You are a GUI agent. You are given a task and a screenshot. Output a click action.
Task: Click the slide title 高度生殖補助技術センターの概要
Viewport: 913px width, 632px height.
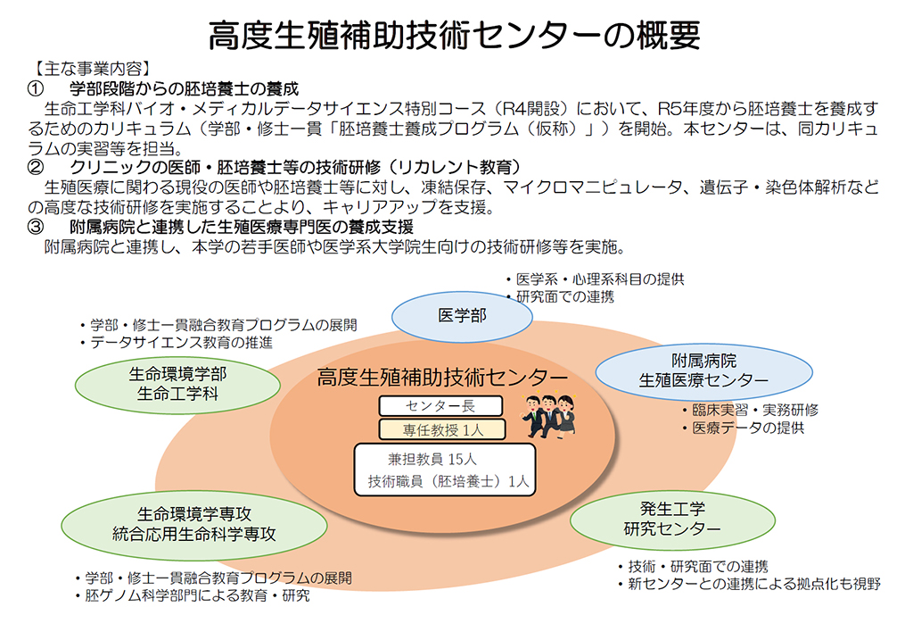coord(454,35)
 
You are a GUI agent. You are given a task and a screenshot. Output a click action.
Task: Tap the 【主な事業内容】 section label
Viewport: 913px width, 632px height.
coord(93,69)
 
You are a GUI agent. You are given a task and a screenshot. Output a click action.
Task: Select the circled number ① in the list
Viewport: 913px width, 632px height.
coord(36,88)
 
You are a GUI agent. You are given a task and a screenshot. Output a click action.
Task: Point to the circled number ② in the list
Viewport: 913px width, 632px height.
coord(36,167)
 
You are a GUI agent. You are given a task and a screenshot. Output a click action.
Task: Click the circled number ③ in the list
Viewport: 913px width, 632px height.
coord(36,227)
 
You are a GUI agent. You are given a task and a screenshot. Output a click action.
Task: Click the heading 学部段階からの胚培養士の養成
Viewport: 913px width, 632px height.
coord(184,88)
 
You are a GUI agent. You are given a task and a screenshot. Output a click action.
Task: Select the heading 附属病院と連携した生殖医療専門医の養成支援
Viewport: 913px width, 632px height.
coord(242,227)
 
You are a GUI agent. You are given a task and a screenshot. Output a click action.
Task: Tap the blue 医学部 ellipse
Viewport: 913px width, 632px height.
coord(462,317)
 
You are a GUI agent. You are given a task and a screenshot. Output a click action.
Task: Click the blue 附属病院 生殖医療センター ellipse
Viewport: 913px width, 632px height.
coord(703,371)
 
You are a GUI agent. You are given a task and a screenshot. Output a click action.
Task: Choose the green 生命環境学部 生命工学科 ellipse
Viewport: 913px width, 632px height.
coord(177,385)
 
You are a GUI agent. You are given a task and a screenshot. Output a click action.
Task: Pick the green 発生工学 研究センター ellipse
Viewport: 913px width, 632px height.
coord(672,520)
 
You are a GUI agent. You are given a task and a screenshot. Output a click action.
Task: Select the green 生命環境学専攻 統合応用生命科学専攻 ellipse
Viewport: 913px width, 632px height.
coord(193,525)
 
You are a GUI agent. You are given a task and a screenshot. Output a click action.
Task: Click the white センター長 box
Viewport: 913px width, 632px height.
coord(440,406)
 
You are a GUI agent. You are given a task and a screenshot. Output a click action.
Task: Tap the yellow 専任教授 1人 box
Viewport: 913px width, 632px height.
coord(442,429)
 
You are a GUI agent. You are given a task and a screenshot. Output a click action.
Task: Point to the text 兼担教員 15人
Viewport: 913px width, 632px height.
coord(432,460)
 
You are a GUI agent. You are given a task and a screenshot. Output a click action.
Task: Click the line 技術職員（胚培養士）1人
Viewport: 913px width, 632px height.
coord(448,481)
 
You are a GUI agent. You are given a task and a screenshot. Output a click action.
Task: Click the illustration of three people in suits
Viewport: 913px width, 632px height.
coord(549,416)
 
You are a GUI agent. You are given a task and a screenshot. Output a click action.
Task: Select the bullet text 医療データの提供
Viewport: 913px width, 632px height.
coord(744,428)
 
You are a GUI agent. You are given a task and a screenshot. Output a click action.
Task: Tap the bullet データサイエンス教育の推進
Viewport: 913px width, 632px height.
coord(177,342)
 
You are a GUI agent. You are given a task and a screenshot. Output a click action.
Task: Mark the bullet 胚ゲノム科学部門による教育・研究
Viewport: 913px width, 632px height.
coord(193,596)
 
